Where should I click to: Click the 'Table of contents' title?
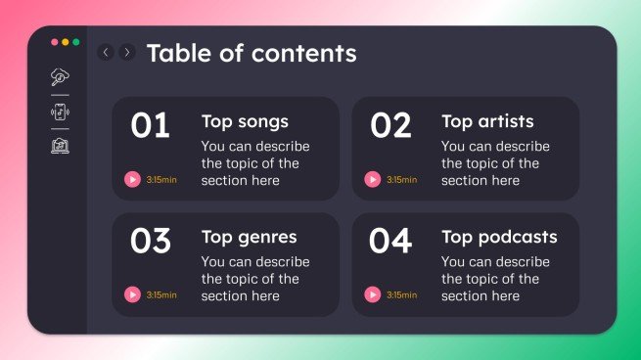pyautogui.click(x=252, y=53)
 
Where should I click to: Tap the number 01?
pyautogui.click(x=150, y=126)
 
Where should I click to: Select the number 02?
pyautogui.click(x=390, y=126)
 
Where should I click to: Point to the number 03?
pyautogui.click(x=150, y=241)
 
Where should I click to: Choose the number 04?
pyautogui.click(x=390, y=241)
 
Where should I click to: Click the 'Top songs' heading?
pyautogui.click(x=245, y=121)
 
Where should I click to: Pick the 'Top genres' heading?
pyautogui.click(x=249, y=237)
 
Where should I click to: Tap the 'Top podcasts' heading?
pyautogui.click(x=499, y=237)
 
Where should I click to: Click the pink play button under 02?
pyautogui.click(x=372, y=179)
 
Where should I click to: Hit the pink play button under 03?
pyautogui.click(x=132, y=294)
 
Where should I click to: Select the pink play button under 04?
pyautogui.click(x=372, y=294)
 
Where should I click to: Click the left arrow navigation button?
pyautogui.click(x=106, y=52)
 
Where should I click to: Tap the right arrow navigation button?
pyautogui.click(x=127, y=52)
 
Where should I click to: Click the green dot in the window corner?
pyautogui.click(x=75, y=42)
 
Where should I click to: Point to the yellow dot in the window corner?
pyautogui.click(x=66, y=42)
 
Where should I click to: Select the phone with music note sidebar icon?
pyautogui.click(x=61, y=112)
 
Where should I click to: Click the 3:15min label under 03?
pyautogui.click(x=161, y=294)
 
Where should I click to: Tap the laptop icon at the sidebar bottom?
pyautogui.click(x=61, y=146)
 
